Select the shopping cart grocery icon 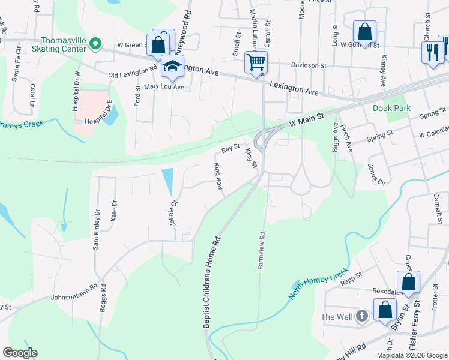(x=256, y=62)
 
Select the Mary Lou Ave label (x=163, y=87)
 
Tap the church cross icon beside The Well (x=361, y=316)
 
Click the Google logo (x=20, y=353)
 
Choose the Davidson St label (x=309, y=65)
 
